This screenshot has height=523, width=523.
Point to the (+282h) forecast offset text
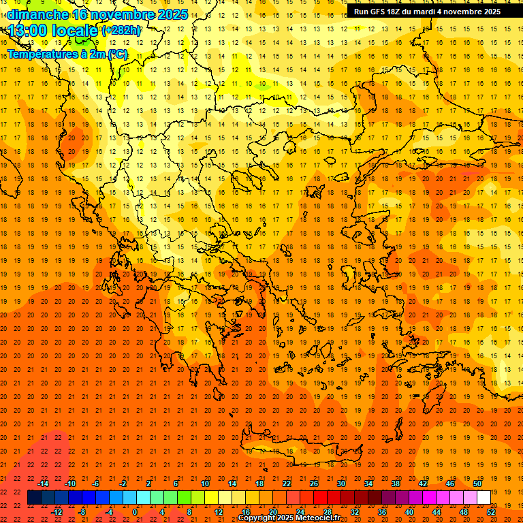point(121,31)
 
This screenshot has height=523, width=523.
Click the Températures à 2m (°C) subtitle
point(67,54)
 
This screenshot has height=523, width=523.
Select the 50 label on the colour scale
point(477,483)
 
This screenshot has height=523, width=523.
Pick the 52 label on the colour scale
point(491,512)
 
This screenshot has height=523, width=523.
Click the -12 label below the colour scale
point(57,512)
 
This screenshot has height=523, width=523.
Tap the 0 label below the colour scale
point(135,512)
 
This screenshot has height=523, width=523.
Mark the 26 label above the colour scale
point(314,483)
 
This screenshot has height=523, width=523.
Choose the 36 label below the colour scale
point(382,512)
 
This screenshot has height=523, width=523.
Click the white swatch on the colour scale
point(484,498)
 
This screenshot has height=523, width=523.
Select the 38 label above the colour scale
point(396,483)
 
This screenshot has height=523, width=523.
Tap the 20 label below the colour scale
point(273,512)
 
